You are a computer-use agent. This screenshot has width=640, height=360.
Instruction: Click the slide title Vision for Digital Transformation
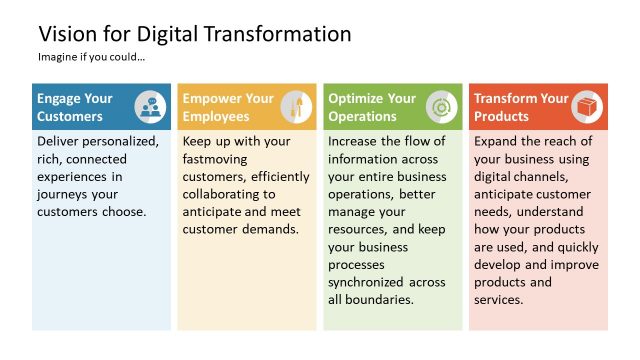point(194,33)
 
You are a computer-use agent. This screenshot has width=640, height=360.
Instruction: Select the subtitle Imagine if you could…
point(91,57)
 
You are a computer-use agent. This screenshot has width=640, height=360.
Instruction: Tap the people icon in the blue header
point(150,106)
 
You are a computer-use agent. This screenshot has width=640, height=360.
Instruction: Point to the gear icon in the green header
point(441,106)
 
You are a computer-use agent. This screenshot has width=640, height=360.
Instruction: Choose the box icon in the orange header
point(586,106)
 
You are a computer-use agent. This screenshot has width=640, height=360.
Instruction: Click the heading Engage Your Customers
point(75,107)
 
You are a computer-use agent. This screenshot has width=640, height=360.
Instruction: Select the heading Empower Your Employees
point(227,107)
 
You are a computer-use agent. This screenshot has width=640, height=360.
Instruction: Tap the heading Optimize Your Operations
point(372,107)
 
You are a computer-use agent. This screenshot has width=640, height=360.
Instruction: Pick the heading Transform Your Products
point(520,107)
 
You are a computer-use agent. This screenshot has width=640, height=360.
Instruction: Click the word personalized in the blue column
point(121,141)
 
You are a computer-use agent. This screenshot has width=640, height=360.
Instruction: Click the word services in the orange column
point(498,300)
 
